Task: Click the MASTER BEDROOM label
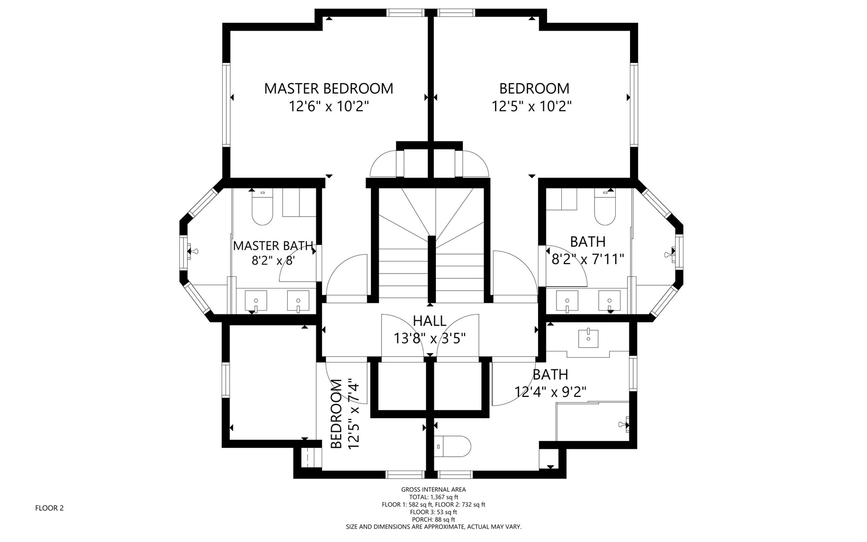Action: pyautogui.click(x=328, y=89)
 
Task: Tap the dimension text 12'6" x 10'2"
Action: pyautogui.click(x=328, y=106)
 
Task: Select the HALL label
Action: pyautogui.click(x=430, y=321)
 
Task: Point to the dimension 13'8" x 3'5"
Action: pyautogui.click(x=430, y=338)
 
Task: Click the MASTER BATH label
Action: pyautogui.click(x=273, y=246)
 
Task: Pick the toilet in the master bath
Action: pyautogui.click(x=262, y=207)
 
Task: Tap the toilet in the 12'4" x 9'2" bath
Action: pyautogui.click(x=452, y=446)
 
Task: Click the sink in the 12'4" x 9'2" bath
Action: pyautogui.click(x=588, y=338)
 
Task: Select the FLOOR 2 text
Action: pyautogui.click(x=49, y=508)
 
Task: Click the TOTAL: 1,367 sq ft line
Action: pyautogui.click(x=434, y=497)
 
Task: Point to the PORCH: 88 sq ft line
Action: pyautogui.click(x=434, y=520)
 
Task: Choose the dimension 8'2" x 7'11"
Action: pyautogui.click(x=588, y=259)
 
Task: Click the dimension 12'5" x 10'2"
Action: pyautogui.click(x=532, y=106)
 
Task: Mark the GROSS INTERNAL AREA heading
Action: pyautogui.click(x=434, y=490)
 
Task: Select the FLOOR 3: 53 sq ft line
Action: pyautogui.click(x=434, y=512)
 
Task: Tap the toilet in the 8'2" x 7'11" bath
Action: pyautogui.click(x=605, y=207)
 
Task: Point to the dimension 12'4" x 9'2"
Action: pyautogui.click(x=550, y=392)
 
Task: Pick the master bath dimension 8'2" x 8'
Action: pyautogui.click(x=273, y=260)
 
